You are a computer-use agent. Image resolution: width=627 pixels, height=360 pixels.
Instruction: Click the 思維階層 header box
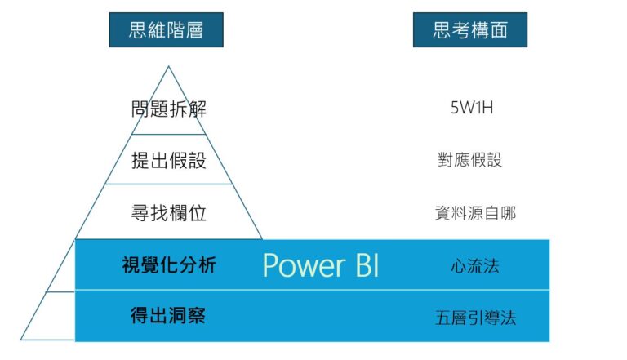[x=166, y=30]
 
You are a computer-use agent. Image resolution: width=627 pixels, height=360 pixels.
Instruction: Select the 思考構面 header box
[x=469, y=30]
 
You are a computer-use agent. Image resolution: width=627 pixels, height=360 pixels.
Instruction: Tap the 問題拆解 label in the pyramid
[x=169, y=109]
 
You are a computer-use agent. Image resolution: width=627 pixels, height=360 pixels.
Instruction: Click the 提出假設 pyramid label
[x=169, y=161]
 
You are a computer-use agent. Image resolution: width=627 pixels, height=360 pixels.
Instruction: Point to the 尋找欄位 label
[x=169, y=214]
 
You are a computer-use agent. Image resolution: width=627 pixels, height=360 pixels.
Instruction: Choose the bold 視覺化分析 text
[x=169, y=264]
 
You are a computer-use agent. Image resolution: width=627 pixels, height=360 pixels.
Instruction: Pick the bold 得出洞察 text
[x=169, y=315]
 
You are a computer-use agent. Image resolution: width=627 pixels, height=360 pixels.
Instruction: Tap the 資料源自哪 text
[x=475, y=214]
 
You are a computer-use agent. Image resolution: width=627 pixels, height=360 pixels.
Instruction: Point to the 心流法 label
[x=474, y=265]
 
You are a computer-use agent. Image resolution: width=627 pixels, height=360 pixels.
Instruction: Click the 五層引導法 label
[x=475, y=317]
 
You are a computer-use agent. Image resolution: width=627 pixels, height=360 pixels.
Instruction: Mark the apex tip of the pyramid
[x=169, y=66]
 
